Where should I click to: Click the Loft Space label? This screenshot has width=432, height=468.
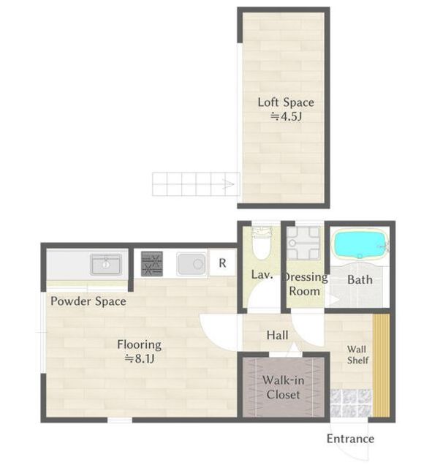(286, 102)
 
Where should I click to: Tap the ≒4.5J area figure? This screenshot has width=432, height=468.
(286, 116)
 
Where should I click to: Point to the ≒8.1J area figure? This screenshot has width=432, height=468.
(140, 358)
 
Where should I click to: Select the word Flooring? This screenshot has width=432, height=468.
(140, 345)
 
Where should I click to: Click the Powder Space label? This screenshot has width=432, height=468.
(88, 301)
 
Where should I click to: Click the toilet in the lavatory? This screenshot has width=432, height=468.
(262, 244)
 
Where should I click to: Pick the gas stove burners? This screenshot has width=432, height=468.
(152, 263)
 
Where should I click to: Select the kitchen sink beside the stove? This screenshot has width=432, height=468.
(192, 264)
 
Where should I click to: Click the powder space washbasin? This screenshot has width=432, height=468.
(105, 264)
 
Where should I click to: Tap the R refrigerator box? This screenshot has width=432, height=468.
(222, 263)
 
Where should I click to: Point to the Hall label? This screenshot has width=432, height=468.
(278, 335)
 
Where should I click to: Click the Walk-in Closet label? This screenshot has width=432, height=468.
(283, 388)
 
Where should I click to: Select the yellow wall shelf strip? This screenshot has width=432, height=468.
(382, 366)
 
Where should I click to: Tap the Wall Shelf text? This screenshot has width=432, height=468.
(357, 355)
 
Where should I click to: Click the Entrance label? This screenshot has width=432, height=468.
(351, 439)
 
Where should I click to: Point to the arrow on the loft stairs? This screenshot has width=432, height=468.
(229, 184)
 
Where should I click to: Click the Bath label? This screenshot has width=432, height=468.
(360, 280)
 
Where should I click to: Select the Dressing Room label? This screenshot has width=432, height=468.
(305, 284)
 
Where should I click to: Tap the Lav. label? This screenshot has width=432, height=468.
(262, 275)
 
